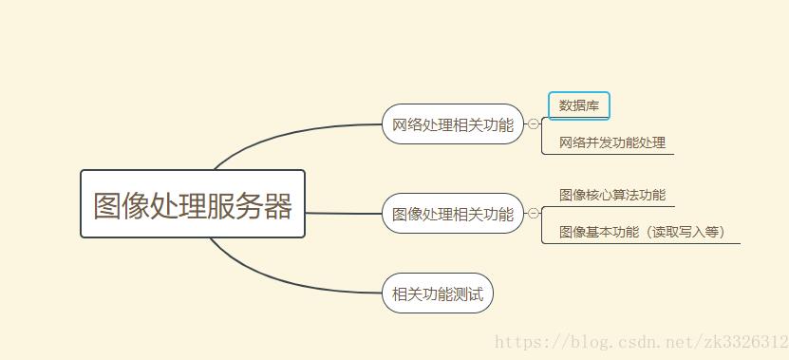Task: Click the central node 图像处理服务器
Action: coord(193,204)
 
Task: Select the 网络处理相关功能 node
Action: coord(452,124)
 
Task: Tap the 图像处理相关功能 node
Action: coord(452,214)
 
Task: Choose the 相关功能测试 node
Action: coord(438,294)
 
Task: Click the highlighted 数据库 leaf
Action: coord(578,105)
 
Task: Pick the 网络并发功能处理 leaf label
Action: coord(612,142)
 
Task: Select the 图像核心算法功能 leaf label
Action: coord(612,195)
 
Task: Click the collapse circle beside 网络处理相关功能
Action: coord(534,123)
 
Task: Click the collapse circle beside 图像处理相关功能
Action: coord(534,214)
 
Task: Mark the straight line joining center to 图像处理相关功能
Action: coord(342,213)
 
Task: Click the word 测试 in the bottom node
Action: coord(468,294)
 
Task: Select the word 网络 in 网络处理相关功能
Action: coord(404,124)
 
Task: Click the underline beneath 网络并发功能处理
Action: coord(608,153)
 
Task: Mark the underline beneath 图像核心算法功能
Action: coord(608,205)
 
